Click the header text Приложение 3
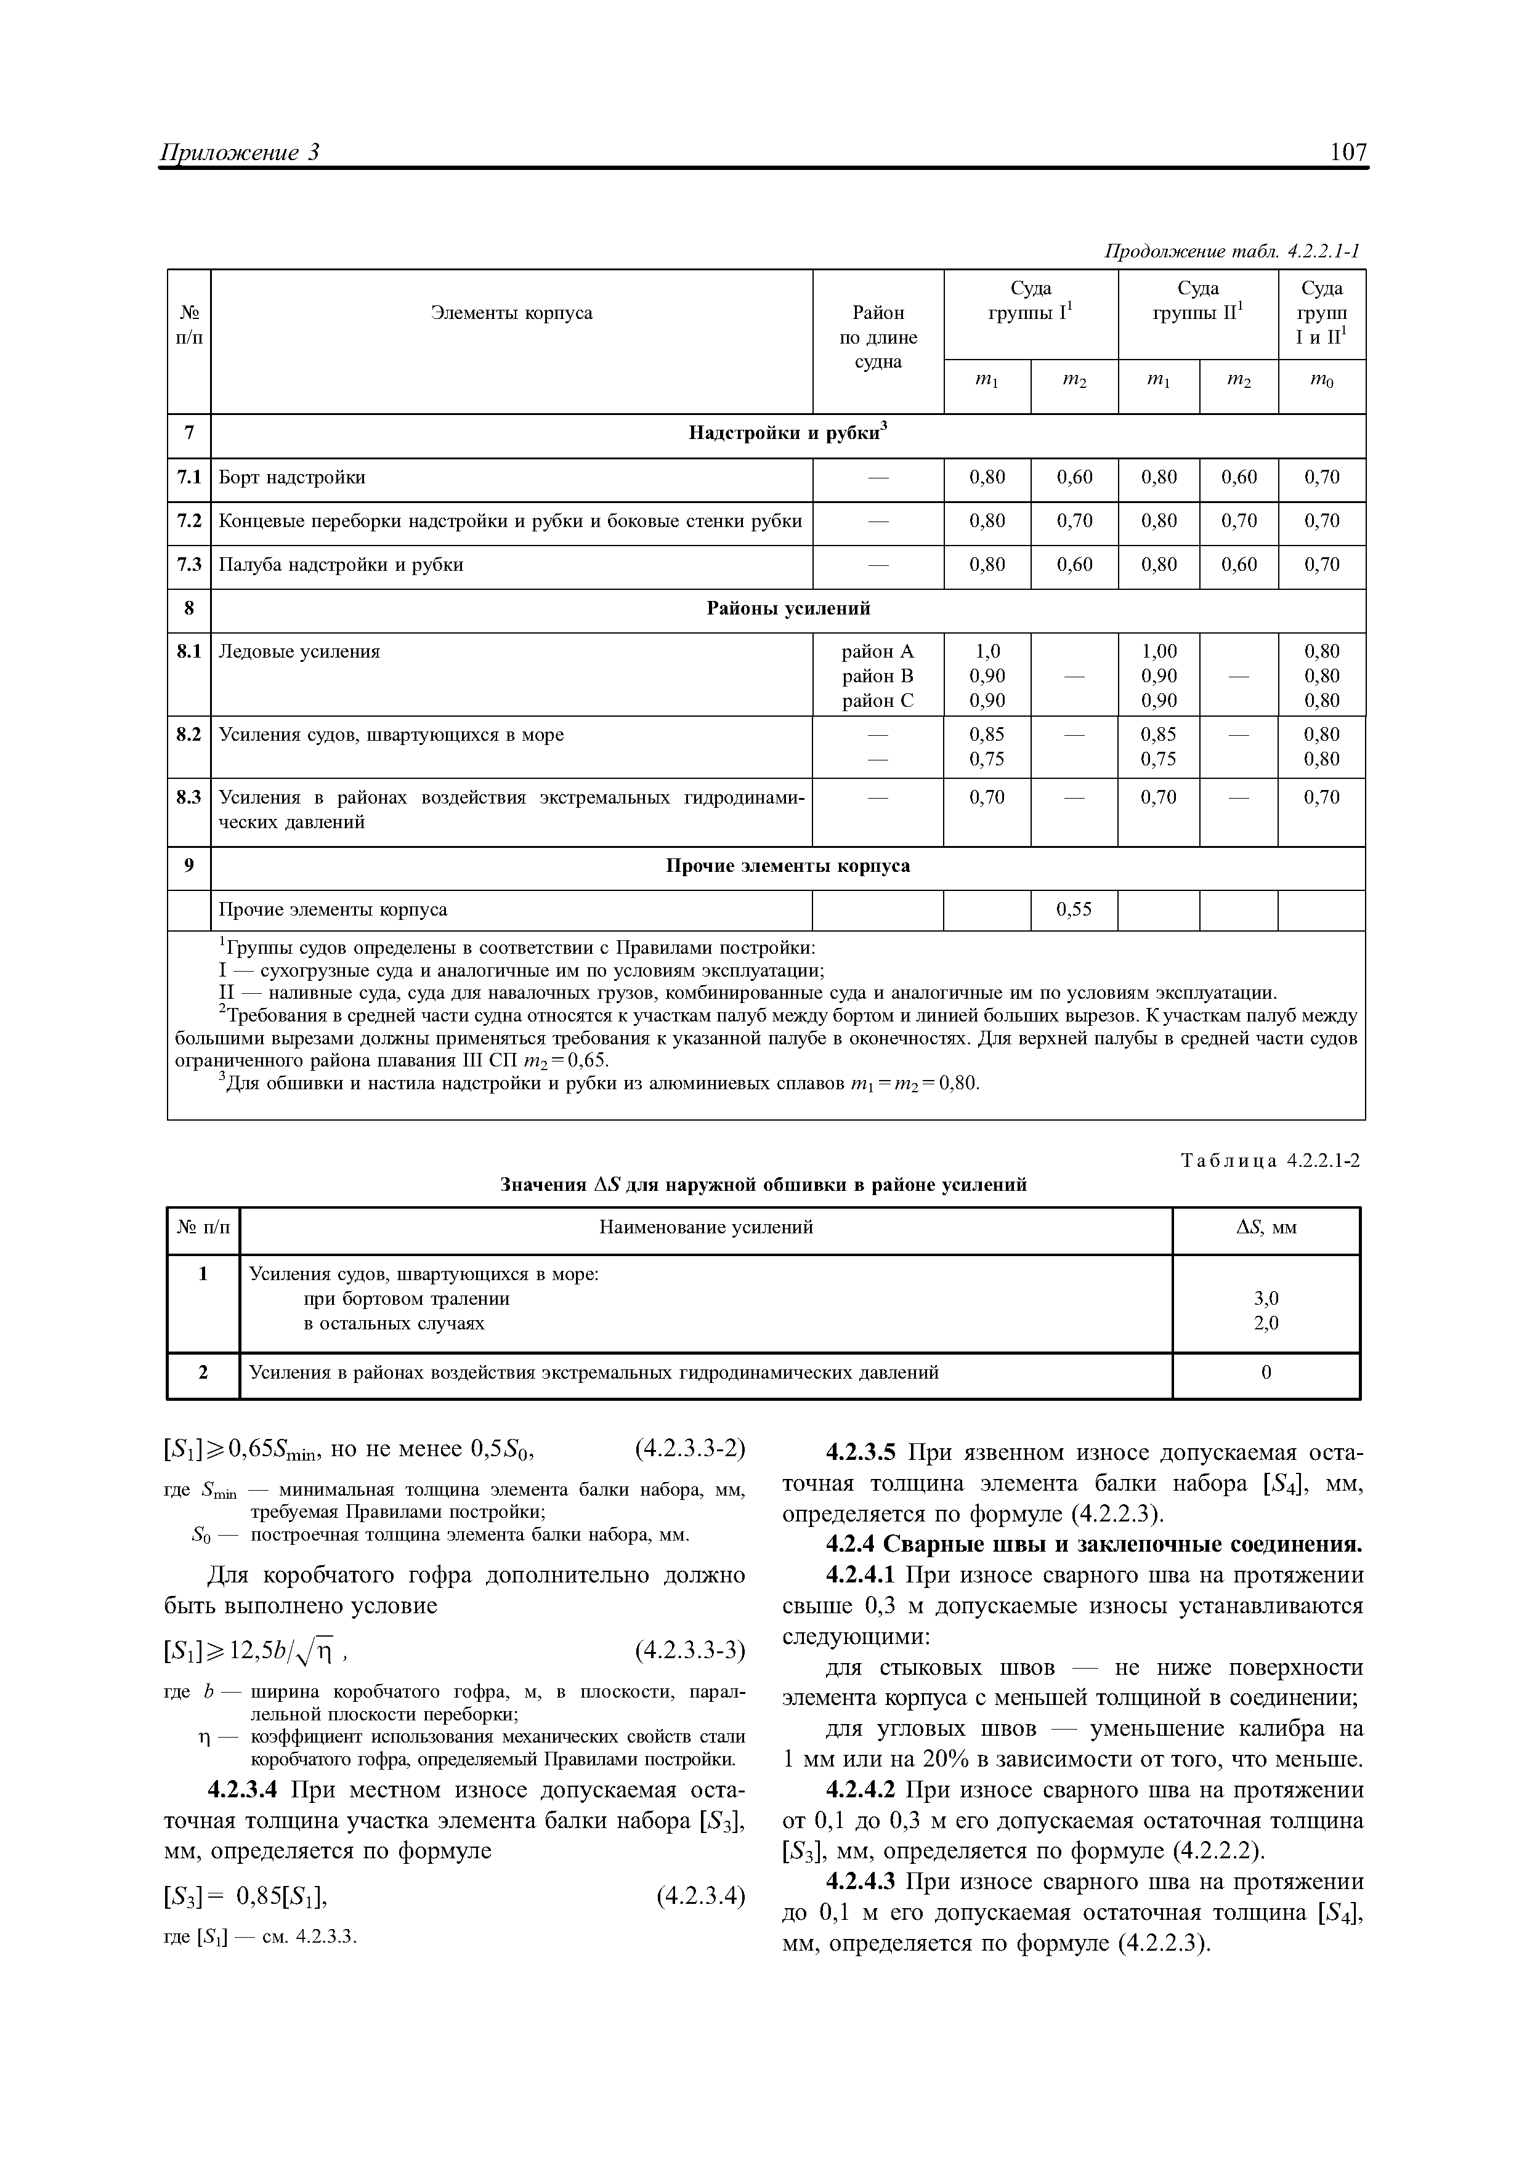242,153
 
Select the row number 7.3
189,565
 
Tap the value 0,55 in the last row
1074,909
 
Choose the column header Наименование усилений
706,1228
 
